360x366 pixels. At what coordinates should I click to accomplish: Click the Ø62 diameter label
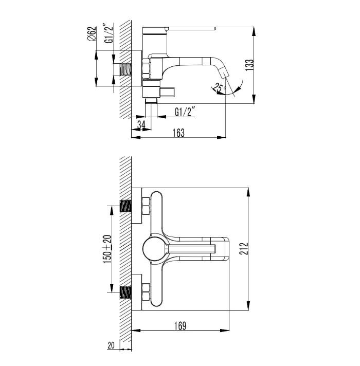(92, 34)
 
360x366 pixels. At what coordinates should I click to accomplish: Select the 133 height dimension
(249, 65)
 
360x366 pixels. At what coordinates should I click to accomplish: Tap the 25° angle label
(219, 88)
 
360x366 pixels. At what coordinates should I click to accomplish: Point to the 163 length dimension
(178, 133)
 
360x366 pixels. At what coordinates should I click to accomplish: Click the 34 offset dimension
(141, 125)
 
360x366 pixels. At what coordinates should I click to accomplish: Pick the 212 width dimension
(243, 249)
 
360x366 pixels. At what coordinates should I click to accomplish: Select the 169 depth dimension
(181, 326)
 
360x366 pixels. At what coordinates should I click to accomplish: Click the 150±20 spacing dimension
(107, 249)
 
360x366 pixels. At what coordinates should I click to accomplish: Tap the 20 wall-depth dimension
(111, 345)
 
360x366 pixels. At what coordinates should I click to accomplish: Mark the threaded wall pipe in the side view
(125, 69)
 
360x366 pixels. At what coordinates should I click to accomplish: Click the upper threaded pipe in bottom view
(125, 206)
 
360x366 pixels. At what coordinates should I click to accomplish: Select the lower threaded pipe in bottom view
(125, 292)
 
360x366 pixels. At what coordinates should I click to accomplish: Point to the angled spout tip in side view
(224, 73)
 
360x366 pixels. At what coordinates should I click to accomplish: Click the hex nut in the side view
(146, 69)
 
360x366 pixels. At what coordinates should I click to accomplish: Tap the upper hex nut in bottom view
(146, 206)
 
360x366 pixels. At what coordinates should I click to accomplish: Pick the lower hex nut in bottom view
(146, 292)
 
